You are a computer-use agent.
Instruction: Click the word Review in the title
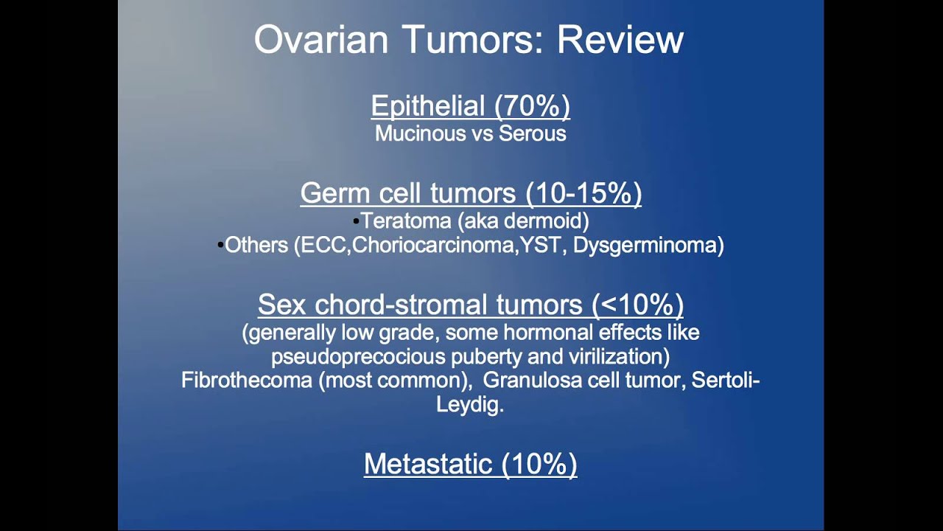(620, 40)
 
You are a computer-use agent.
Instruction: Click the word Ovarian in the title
(320, 40)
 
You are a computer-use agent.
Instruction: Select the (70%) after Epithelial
(532, 106)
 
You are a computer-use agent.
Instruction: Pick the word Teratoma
(402, 221)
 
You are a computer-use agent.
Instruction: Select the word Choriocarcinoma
(435, 246)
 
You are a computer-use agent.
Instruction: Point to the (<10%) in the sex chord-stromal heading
(637, 305)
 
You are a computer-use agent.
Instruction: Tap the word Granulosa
(525, 381)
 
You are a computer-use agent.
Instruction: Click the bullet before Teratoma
(356, 221)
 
